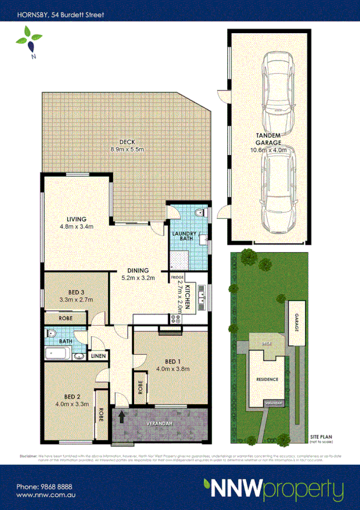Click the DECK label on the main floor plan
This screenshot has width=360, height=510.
(x=126, y=142)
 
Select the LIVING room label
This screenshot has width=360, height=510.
(x=76, y=218)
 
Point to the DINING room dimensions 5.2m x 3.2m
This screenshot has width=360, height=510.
(x=138, y=278)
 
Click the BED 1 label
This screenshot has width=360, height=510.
(x=168, y=361)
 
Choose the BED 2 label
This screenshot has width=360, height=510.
(x=76, y=396)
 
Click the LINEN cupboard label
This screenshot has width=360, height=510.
(x=98, y=356)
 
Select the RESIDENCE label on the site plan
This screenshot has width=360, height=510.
(x=267, y=379)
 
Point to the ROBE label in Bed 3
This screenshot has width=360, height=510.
(x=66, y=318)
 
